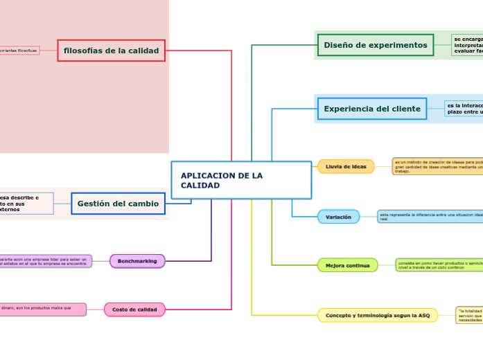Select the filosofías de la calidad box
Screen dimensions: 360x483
coord(111,51)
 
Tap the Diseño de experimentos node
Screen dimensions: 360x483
coord(375,45)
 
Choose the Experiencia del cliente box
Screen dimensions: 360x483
coord(371,109)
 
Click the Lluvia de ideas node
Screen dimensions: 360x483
coord(346,167)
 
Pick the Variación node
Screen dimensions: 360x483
coord(338,217)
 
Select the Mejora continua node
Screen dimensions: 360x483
coord(347,265)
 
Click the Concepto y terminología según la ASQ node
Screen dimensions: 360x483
coord(377,316)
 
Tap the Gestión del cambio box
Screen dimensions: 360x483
coord(118,204)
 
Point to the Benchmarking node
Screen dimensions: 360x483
coord(137,261)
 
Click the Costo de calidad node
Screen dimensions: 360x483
coord(134,309)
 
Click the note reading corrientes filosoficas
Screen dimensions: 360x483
coord(19,51)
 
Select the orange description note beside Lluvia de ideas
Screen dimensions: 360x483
coord(437,167)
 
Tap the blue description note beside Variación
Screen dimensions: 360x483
coord(430,217)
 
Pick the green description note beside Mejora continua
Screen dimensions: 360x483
coord(439,265)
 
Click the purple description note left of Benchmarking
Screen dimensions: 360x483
coord(45,261)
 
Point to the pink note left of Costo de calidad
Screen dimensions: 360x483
coord(42,309)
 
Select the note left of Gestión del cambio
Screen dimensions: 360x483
coord(26,204)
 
